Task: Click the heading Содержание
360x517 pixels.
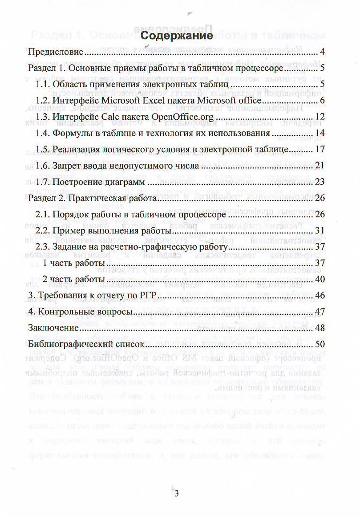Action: [174, 36]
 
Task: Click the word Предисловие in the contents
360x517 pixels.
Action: [56, 53]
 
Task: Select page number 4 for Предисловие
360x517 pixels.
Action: [322, 53]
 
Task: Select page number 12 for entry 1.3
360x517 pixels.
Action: [320, 117]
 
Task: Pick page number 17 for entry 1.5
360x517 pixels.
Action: [320, 150]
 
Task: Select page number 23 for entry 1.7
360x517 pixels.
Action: [320, 182]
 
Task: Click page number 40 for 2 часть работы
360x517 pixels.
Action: [320, 280]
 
